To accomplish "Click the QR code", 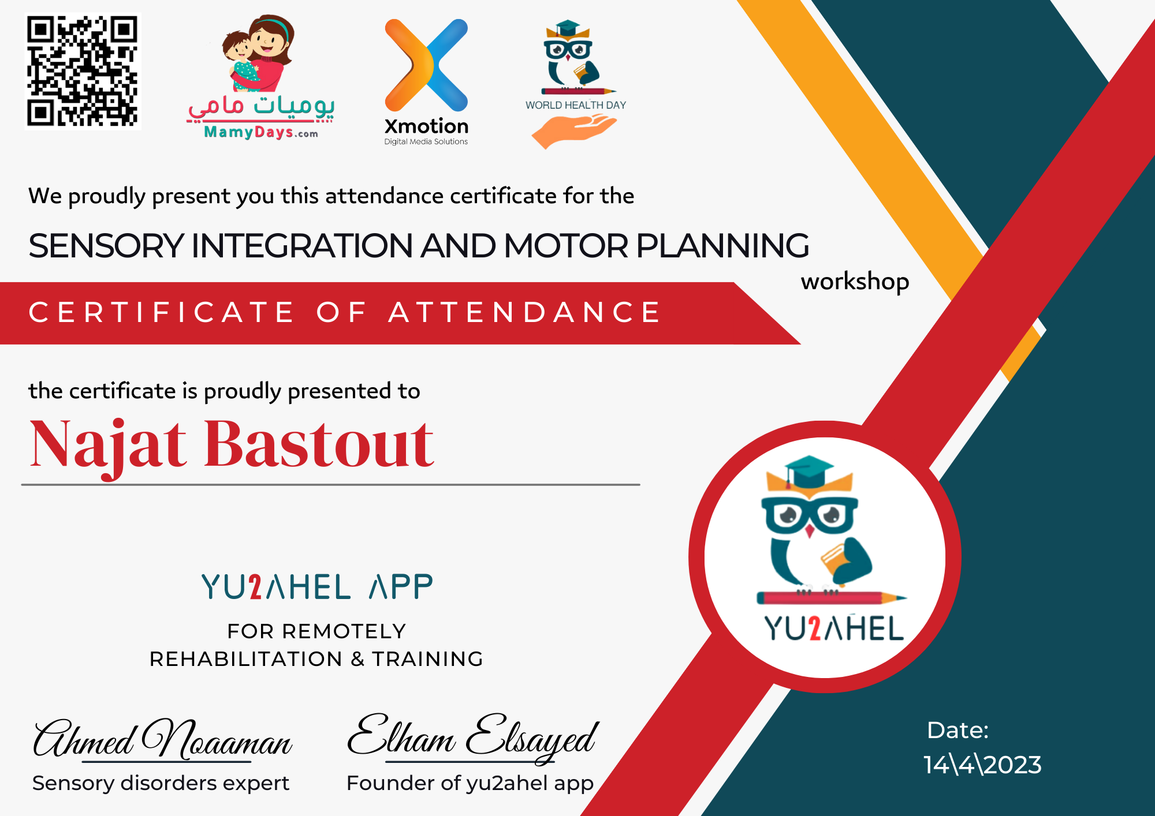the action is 83,71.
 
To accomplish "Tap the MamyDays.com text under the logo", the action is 261,132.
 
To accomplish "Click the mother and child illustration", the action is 258,53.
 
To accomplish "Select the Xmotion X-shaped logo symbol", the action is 426,65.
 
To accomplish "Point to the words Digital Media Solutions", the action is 426,141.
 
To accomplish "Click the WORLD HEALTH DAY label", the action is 576,105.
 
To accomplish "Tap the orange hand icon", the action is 573,130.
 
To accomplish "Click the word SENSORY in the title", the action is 106,246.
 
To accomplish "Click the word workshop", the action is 855,282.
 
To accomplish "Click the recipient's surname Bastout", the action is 319,443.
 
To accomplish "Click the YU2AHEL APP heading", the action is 317,587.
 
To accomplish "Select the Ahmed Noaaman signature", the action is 163,739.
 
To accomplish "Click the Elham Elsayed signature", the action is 472,738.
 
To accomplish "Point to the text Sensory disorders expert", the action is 161,783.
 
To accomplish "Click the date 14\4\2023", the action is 982,765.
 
